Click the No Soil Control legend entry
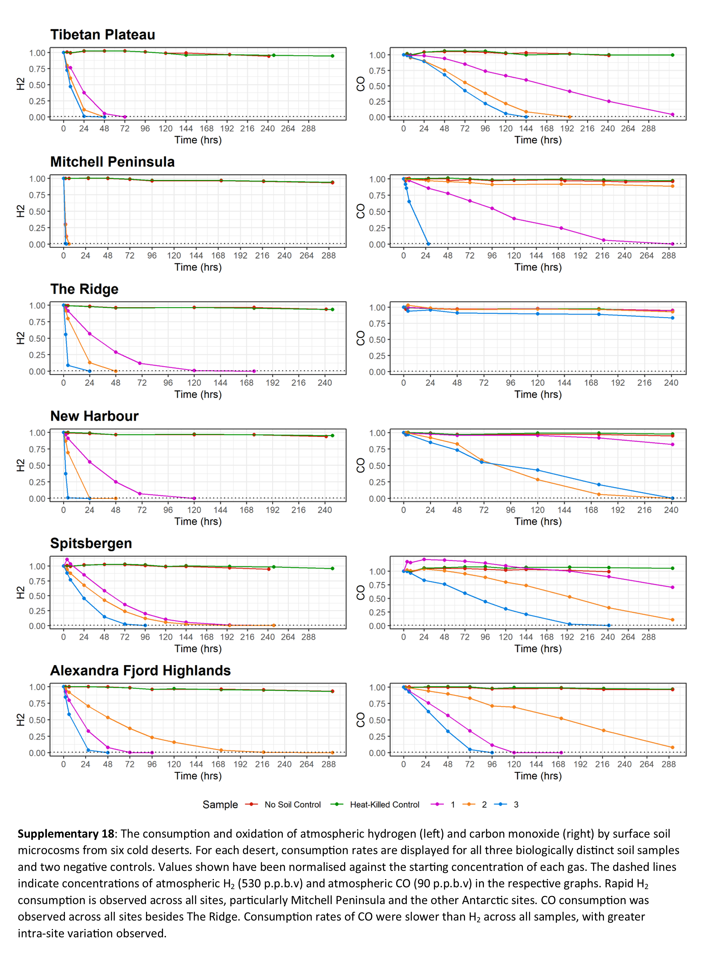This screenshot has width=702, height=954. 292,804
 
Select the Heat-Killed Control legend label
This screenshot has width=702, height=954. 384,804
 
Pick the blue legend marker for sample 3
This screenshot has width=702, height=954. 503,804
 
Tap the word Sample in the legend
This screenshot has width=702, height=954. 220,804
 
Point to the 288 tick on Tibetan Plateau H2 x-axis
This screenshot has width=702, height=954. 309,128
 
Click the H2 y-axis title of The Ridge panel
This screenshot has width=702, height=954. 20,338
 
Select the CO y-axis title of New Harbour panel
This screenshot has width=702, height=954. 361,465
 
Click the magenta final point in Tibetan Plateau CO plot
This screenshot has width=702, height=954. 672,114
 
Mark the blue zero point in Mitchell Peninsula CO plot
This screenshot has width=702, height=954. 428,244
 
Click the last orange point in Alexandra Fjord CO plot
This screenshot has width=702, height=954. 672,747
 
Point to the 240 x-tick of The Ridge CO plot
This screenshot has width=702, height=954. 671,383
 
